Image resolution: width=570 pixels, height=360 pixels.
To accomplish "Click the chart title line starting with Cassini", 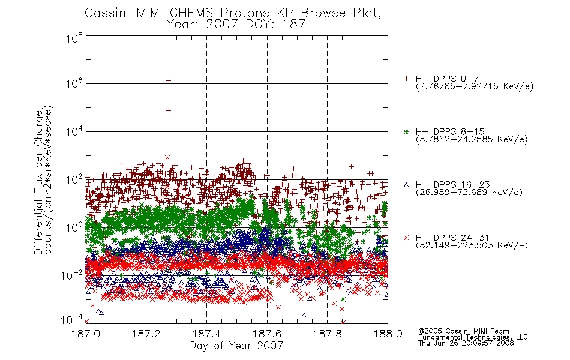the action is point(233,13).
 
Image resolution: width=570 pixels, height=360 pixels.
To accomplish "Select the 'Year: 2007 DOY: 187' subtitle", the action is point(236,25).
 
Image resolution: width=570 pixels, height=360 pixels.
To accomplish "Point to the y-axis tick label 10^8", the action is point(74,38).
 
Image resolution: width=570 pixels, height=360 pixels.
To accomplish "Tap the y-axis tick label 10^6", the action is point(74,83).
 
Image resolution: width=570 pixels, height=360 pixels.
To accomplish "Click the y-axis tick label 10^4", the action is point(74,131).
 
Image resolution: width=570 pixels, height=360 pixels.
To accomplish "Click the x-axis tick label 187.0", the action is point(86,334).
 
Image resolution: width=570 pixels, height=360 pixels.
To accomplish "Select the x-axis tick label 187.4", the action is point(206,334).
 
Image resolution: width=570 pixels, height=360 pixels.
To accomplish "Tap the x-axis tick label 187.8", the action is point(327,334).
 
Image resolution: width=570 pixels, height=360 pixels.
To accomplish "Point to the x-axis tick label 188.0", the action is point(388,334).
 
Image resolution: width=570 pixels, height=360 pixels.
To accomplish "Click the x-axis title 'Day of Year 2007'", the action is point(236,345).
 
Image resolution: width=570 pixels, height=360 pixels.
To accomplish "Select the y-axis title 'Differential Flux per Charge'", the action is point(38,182).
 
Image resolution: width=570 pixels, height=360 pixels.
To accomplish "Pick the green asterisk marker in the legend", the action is point(406,132).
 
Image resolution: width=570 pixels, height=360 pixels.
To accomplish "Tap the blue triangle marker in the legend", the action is point(406,185).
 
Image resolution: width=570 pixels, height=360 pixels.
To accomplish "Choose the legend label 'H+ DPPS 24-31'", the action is point(452,238).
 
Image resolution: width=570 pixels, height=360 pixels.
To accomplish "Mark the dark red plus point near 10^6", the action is point(169,81).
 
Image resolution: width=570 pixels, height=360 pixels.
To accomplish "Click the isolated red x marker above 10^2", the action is point(167,158).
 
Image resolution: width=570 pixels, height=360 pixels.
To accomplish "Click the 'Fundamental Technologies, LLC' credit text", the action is point(473,337).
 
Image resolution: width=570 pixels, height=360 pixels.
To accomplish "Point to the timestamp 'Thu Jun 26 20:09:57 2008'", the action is point(466,343).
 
